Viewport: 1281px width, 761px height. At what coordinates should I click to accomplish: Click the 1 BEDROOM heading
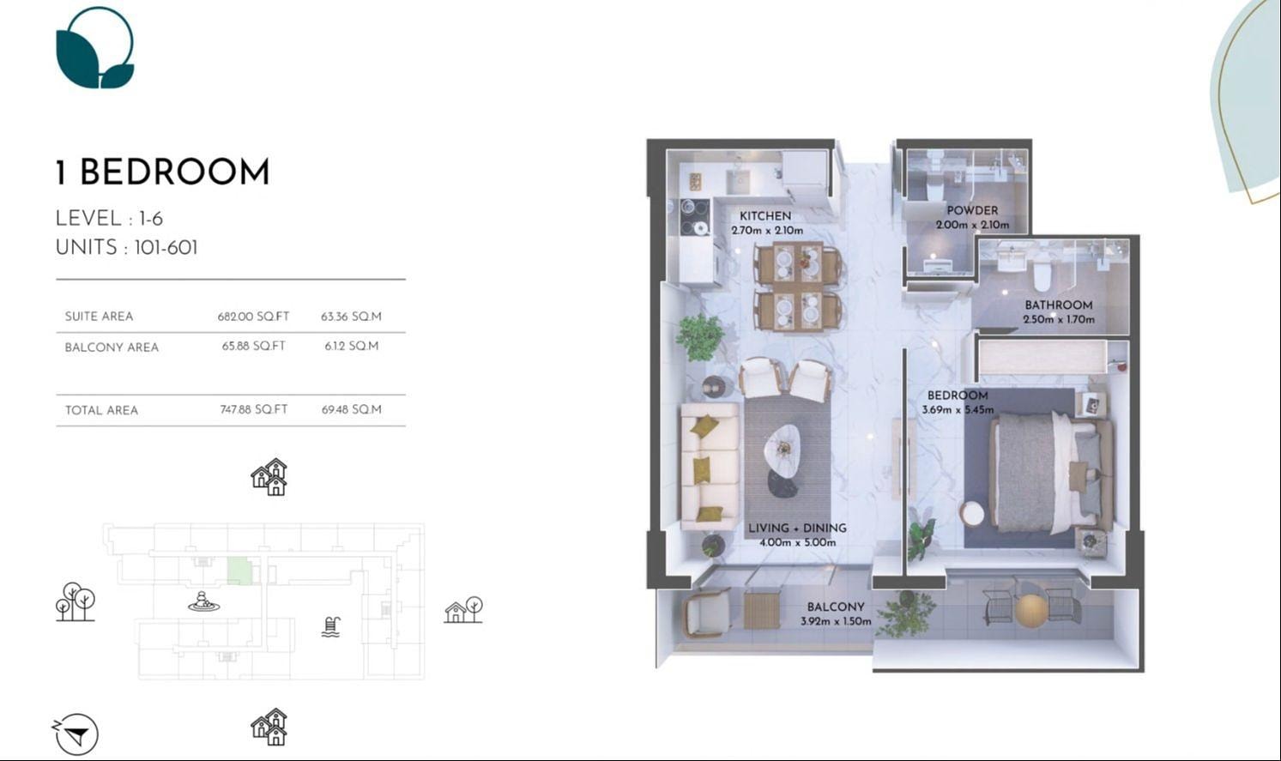pos(162,172)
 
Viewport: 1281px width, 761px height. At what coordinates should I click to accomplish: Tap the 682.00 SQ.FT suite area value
pos(253,317)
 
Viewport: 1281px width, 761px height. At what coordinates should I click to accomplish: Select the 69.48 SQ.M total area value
pos(351,410)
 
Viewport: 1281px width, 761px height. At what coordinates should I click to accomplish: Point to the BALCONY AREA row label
pos(112,347)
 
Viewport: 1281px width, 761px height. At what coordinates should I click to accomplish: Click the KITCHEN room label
pos(765,216)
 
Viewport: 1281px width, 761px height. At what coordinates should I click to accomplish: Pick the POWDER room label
pos(972,210)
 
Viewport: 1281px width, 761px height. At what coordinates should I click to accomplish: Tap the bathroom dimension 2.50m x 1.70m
pos(1059,320)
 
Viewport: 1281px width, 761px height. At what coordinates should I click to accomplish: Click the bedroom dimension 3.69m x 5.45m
pos(958,410)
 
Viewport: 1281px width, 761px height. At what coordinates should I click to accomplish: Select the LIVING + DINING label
pos(797,528)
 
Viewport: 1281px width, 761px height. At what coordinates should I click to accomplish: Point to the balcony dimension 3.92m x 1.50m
pos(836,621)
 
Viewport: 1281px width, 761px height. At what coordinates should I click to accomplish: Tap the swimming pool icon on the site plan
pos(331,627)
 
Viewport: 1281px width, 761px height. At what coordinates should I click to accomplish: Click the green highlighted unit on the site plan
pos(239,571)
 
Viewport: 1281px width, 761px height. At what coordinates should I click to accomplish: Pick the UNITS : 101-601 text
pos(126,248)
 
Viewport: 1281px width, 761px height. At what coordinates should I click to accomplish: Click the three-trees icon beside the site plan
pos(75,601)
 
